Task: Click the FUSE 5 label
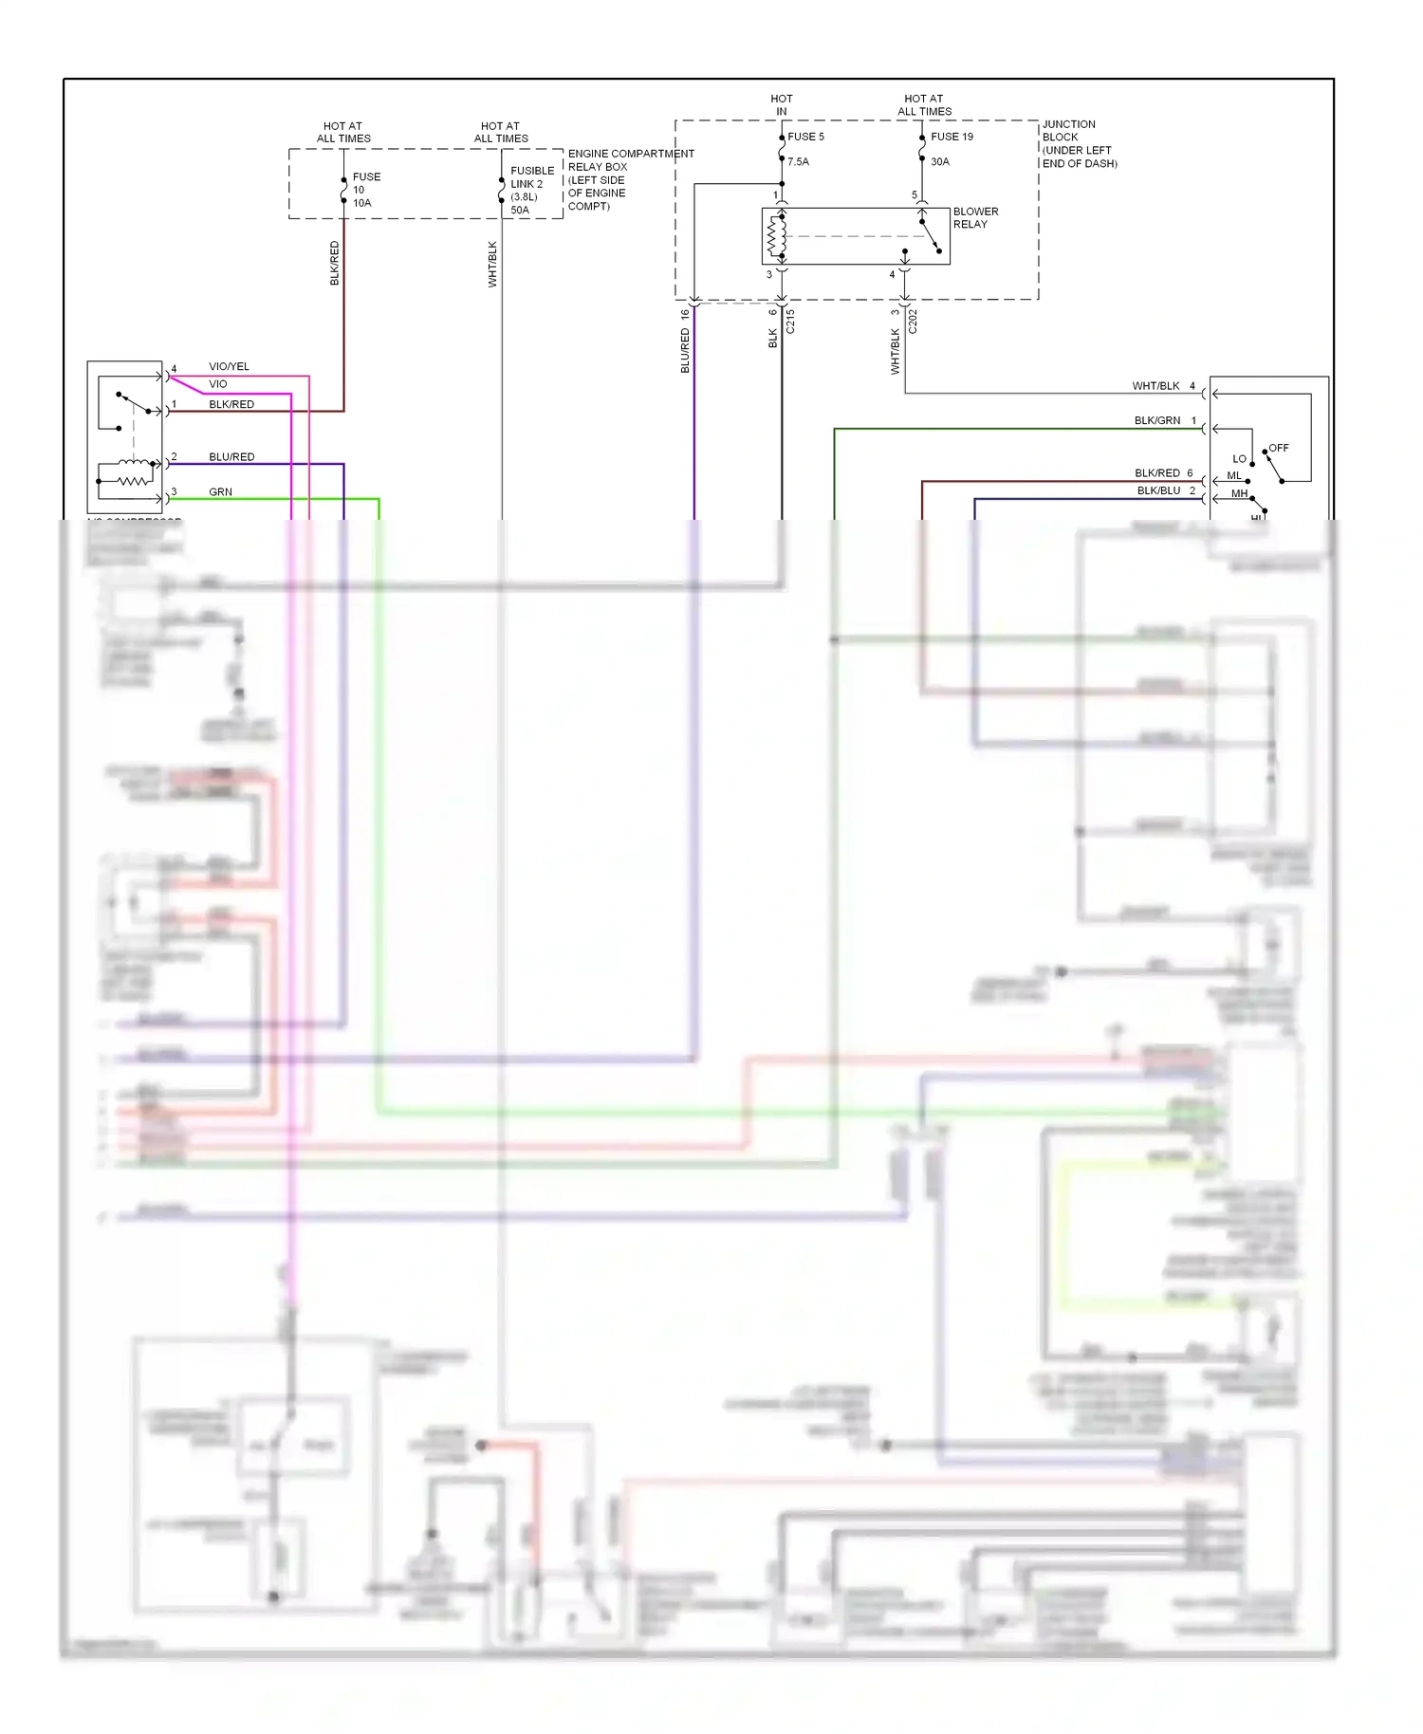(x=805, y=137)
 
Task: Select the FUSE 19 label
(x=952, y=137)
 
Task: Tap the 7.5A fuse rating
(x=798, y=162)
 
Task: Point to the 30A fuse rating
(x=939, y=162)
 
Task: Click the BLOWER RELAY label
(x=975, y=218)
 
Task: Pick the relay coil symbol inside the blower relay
(x=777, y=236)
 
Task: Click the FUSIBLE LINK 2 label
(x=531, y=177)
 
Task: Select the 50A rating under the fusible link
(x=520, y=211)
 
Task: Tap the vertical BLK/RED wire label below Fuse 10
(x=334, y=263)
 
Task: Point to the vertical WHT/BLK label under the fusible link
(x=492, y=264)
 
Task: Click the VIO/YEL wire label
(x=229, y=366)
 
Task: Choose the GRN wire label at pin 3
(x=220, y=492)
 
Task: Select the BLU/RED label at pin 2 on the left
(x=231, y=457)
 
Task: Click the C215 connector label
(x=790, y=322)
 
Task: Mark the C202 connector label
(x=913, y=322)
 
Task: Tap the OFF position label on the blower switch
(x=1279, y=448)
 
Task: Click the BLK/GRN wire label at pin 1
(x=1157, y=420)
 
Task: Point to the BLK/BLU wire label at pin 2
(x=1158, y=490)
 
